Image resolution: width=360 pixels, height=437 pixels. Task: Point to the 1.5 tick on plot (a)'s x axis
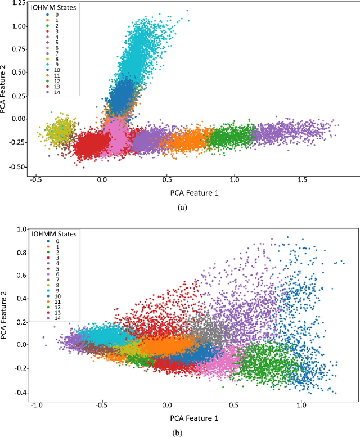click(302, 181)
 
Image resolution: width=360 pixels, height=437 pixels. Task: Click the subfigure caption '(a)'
click(182, 208)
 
